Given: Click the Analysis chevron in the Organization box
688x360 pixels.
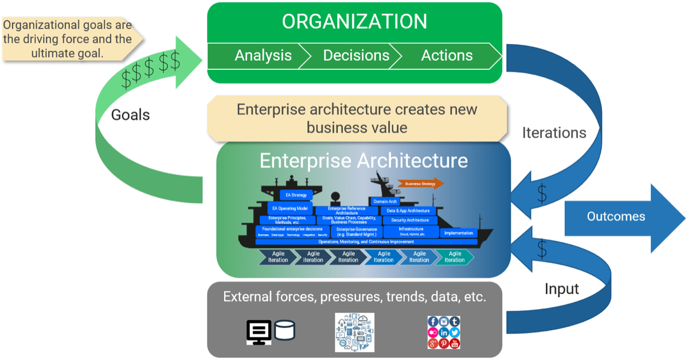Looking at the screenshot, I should tap(263, 56).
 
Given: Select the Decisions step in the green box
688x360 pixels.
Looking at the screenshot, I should tap(355, 56).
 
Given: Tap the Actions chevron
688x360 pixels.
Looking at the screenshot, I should tap(447, 56).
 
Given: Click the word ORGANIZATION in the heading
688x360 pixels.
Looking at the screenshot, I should tap(354, 22).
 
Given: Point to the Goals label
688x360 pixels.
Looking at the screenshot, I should tap(130, 115).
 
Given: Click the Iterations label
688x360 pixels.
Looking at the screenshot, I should tap(553, 133).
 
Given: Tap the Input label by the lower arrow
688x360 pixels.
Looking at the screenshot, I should tap(561, 289).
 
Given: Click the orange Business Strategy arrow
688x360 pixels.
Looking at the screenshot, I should tap(423, 183).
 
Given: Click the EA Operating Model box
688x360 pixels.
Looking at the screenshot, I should tap(290, 208).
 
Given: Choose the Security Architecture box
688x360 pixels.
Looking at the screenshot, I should tap(409, 220).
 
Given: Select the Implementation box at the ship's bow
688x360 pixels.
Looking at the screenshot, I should tap(458, 233).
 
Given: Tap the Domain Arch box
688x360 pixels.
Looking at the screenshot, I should tap(385, 201).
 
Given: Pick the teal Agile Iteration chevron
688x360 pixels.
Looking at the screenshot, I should tap(454, 257).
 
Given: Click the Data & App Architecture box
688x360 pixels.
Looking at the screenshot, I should tap(409, 210).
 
